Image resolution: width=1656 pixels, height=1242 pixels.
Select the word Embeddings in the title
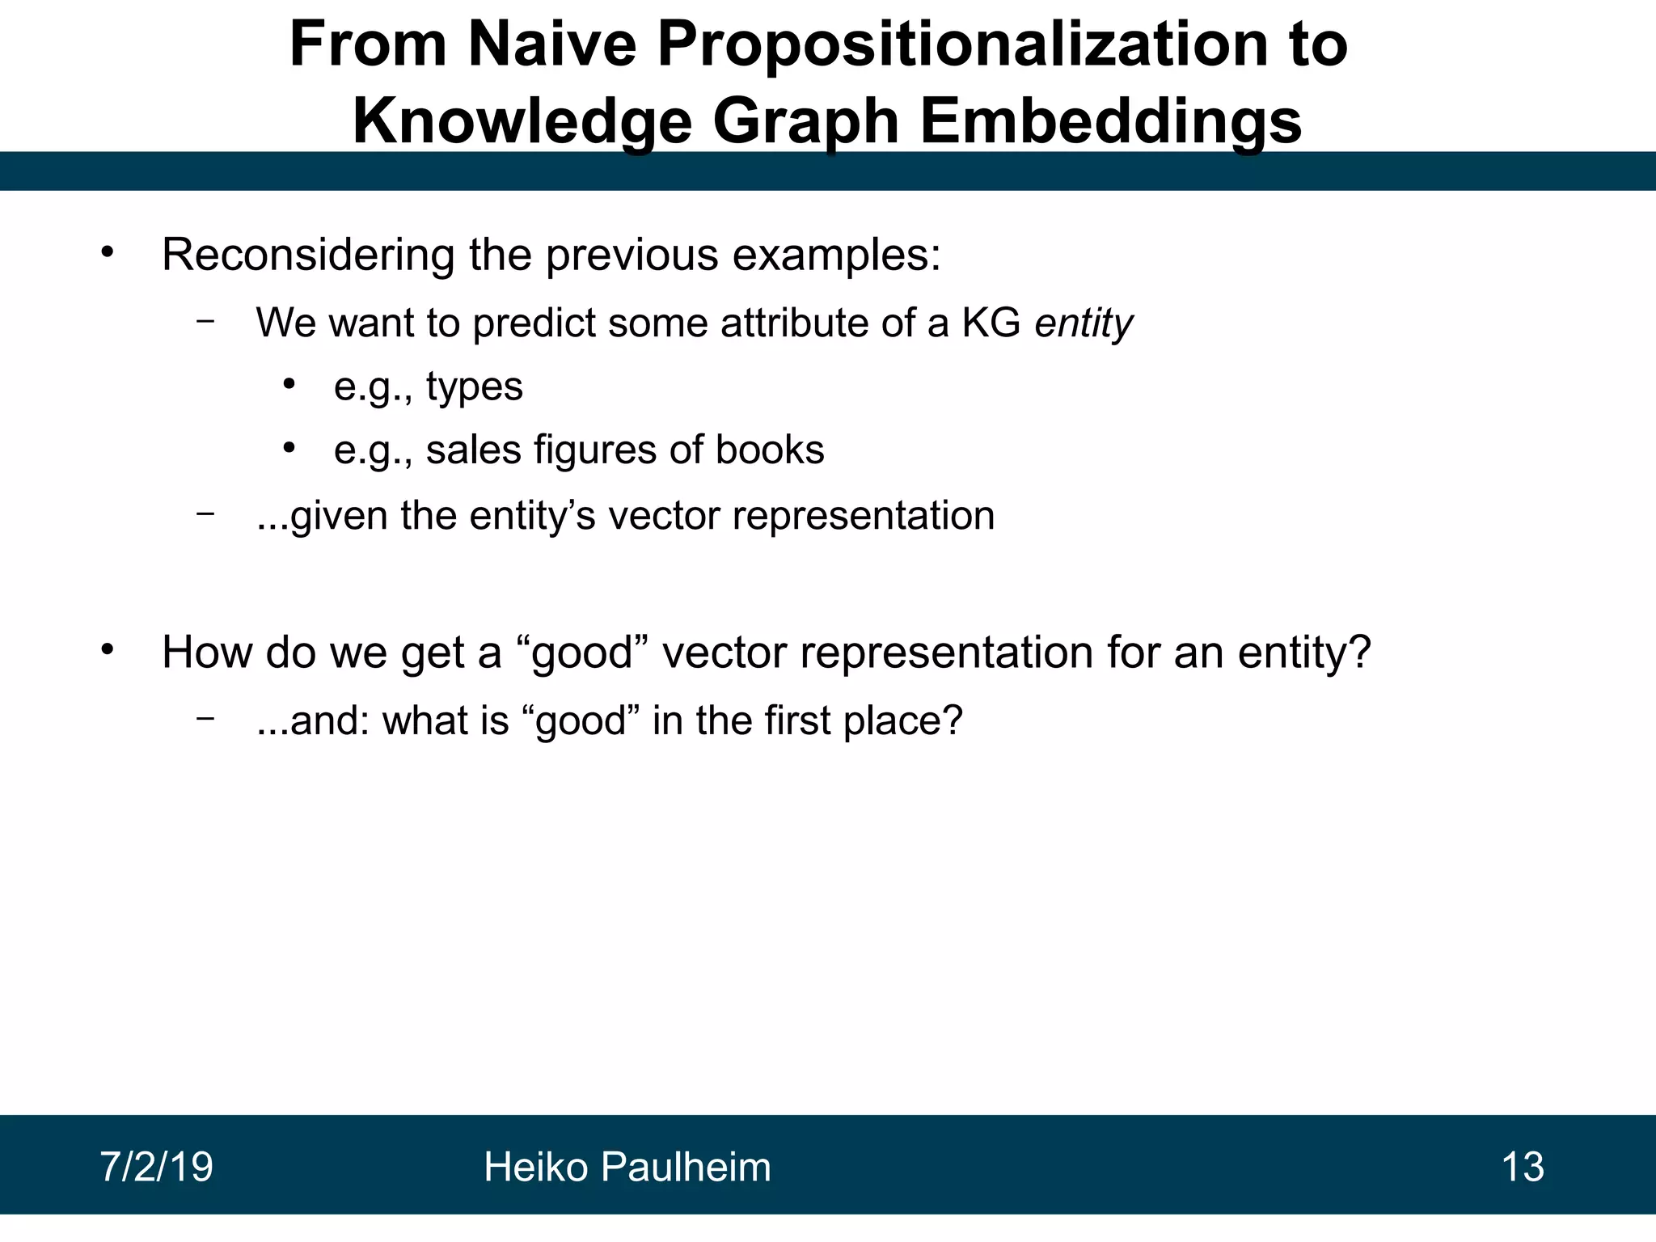pos(1111,121)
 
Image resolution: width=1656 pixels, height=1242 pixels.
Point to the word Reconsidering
pos(308,256)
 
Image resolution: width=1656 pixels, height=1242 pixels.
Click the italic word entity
pos(1084,324)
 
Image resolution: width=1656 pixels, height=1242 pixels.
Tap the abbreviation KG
pos(991,323)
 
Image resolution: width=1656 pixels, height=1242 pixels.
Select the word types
pos(475,387)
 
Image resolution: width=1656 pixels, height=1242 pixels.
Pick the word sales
pos(473,450)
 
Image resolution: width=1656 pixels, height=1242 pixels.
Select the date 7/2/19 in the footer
pos(156,1167)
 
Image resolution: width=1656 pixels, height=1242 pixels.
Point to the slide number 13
pos(1523,1167)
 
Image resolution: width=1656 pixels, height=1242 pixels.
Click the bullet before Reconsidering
pos(108,252)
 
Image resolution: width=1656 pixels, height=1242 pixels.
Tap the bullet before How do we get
pos(108,649)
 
